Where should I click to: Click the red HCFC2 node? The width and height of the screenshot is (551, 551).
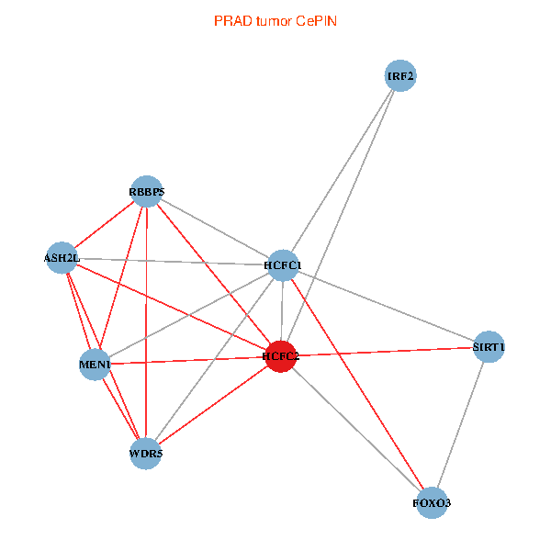(281, 356)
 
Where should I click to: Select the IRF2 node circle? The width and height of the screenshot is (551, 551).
(400, 76)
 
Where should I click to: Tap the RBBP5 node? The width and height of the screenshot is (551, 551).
(146, 191)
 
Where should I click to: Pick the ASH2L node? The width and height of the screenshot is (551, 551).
(62, 258)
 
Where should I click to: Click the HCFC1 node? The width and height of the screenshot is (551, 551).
(283, 265)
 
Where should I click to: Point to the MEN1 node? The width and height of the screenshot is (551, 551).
(96, 365)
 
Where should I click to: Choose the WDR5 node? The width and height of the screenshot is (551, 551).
(146, 452)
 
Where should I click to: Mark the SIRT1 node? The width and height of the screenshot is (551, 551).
(489, 347)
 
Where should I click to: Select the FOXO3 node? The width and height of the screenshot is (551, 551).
(433, 502)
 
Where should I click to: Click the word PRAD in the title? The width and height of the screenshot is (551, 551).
(230, 20)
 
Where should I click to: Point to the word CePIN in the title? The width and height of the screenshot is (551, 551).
(316, 20)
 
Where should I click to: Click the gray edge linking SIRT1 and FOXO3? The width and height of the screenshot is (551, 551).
(461, 424)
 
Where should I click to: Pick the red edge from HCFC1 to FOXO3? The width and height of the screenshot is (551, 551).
(358, 384)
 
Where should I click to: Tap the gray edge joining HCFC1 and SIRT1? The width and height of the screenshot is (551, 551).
(386, 306)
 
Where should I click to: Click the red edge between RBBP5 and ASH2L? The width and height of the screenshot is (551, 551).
(104, 225)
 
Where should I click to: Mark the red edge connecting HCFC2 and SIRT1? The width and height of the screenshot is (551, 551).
(385, 352)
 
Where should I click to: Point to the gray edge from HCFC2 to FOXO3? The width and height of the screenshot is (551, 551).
(356, 429)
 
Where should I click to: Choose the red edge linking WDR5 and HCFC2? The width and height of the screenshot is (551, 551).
(213, 404)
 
